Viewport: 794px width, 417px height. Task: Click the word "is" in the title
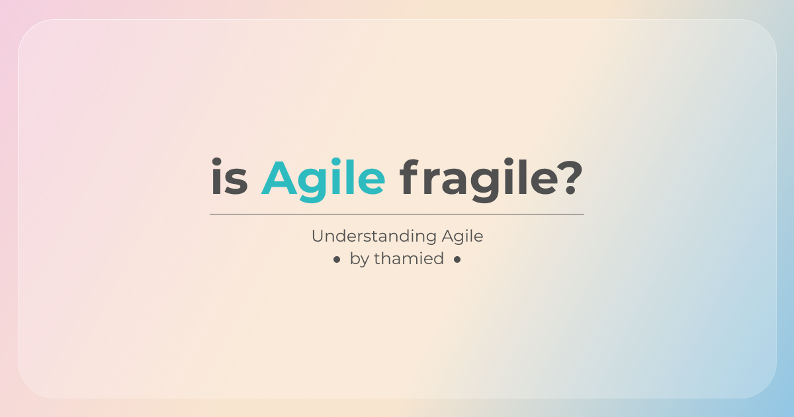(x=230, y=176)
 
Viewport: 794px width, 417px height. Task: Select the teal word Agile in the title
(x=324, y=180)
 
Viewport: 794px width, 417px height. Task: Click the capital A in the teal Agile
(x=279, y=177)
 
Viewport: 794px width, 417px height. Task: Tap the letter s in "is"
(x=236, y=182)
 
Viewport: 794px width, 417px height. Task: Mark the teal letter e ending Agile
(x=371, y=182)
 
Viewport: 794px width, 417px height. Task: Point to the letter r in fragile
(x=431, y=182)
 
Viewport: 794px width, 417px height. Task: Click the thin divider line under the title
(x=397, y=214)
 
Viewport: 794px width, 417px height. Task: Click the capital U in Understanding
(x=318, y=236)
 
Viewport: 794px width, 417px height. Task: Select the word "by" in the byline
(x=359, y=259)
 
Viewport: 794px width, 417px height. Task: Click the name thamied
(x=409, y=258)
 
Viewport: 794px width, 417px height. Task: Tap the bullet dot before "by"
(x=337, y=260)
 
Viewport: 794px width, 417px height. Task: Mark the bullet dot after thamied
(x=457, y=260)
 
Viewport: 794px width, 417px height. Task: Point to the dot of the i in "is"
(x=216, y=162)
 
